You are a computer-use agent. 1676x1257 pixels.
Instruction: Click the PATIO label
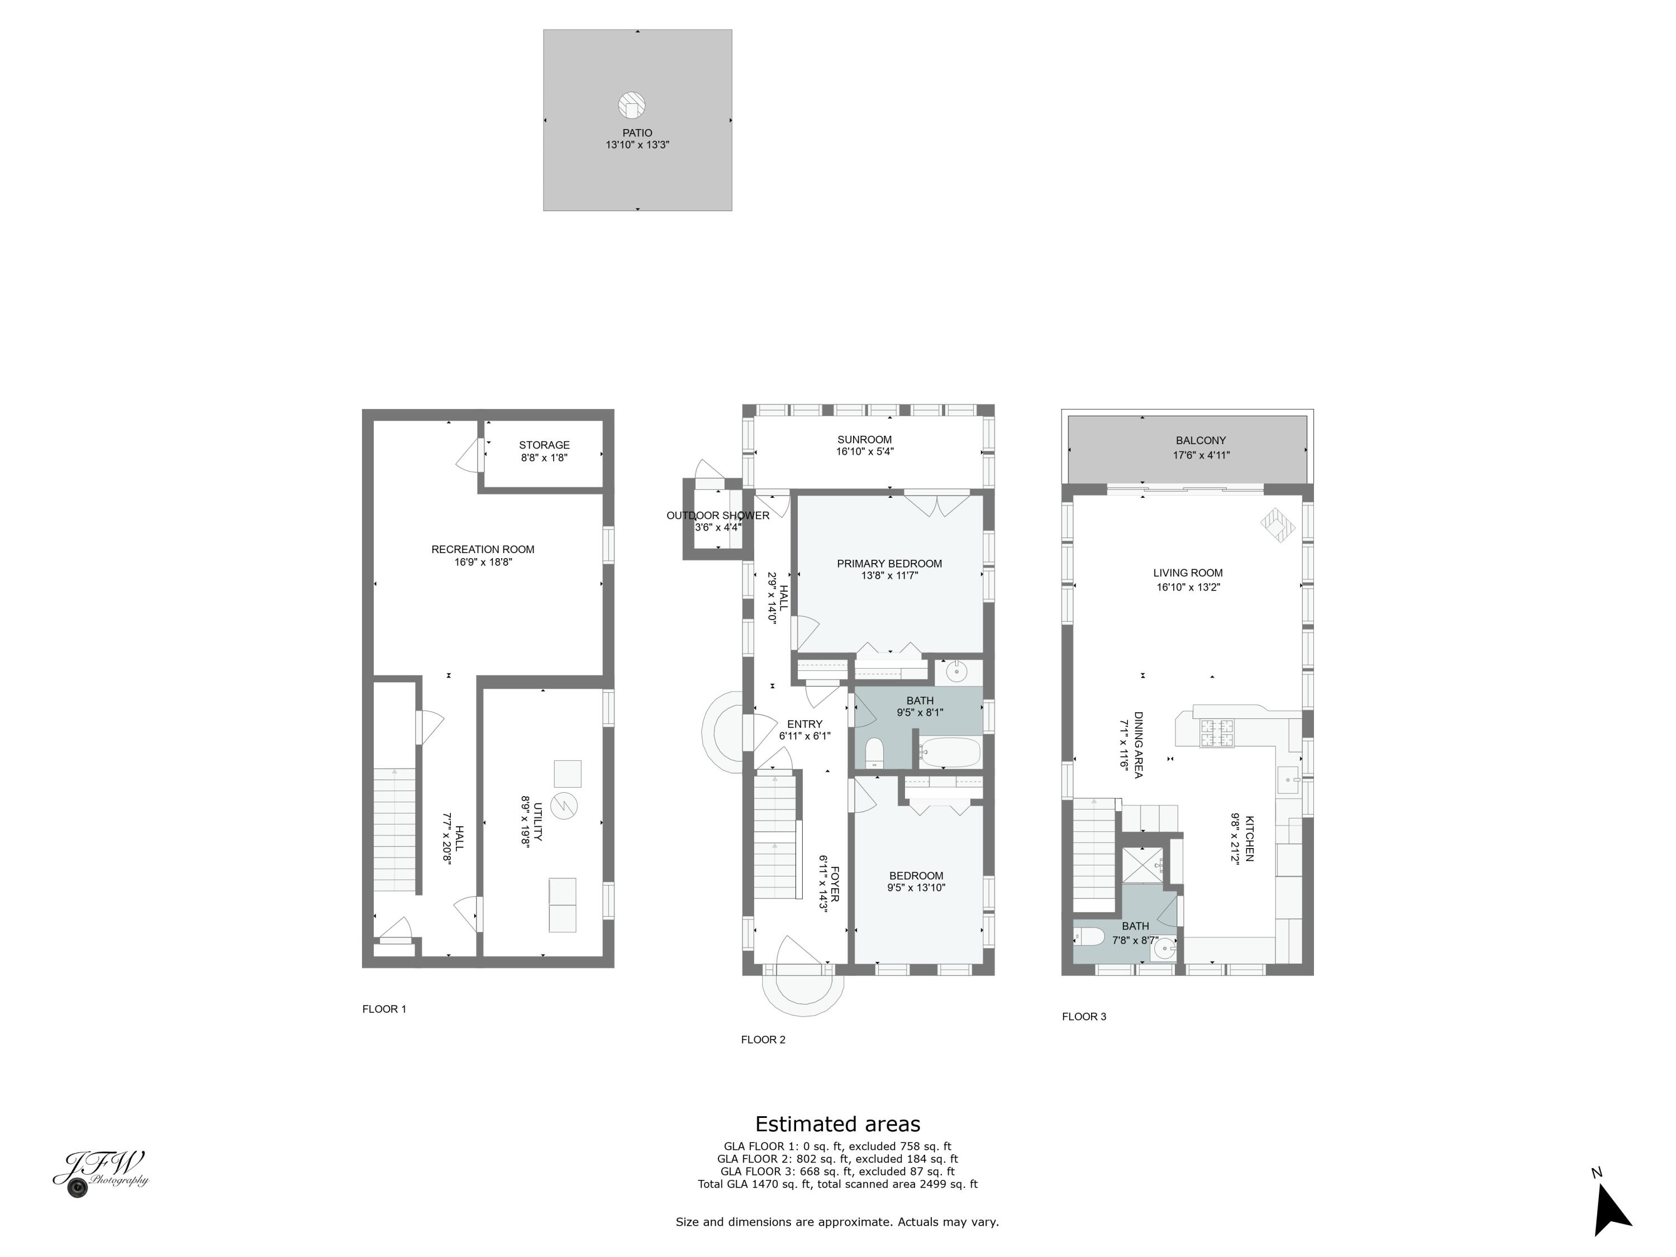[x=637, y=132]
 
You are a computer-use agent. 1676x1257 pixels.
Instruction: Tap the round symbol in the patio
[x=631, y=106]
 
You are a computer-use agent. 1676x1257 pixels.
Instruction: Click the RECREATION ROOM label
[x=483, y=549]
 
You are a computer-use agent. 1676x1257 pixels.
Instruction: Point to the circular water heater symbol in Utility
[x=564, y=806]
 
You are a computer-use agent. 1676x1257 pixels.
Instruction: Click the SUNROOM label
[x=864, y=440]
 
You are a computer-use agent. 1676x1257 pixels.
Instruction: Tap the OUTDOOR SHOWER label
[x=717, y=515]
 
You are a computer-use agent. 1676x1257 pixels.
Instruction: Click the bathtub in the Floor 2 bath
[x=950, y=753]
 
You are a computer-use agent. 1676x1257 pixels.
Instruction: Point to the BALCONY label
[x=1200, y=440]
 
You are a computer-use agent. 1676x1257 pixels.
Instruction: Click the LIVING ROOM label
[x=1187, y=573]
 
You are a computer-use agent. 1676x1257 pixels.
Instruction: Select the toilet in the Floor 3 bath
[x=1089, y=937]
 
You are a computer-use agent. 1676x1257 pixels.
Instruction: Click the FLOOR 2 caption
[x=763, y=1040]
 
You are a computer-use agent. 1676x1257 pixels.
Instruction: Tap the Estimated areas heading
[x=837, y=1123]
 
